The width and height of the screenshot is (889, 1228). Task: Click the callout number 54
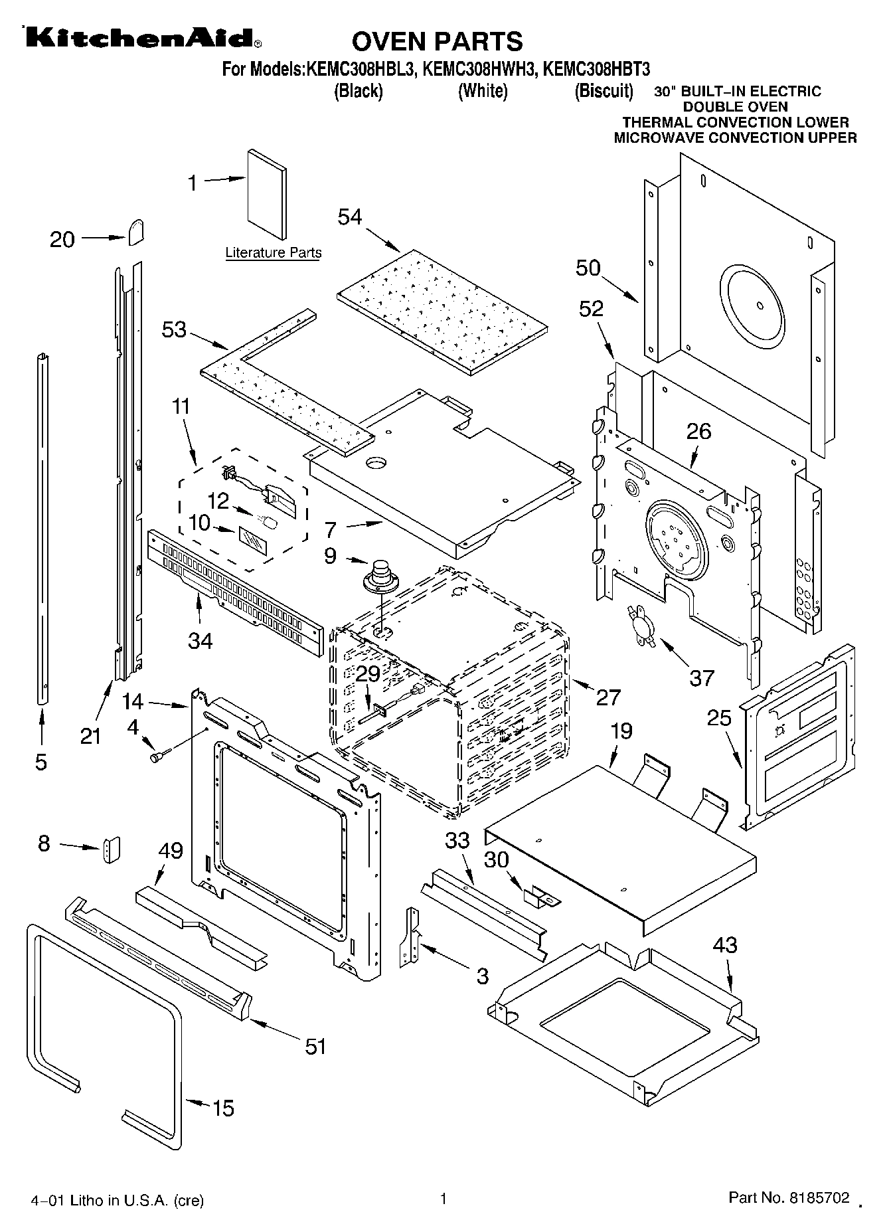pos(350,217)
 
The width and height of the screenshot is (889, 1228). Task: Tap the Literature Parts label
pos(274,252)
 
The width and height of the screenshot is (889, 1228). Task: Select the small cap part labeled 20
pos(137,232)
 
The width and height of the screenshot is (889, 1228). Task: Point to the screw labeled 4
pos(160,755)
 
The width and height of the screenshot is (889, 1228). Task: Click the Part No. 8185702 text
pos(789,1197)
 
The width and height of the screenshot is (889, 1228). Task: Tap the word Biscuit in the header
pos(603,90)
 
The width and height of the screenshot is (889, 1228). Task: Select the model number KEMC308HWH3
pos(479,68)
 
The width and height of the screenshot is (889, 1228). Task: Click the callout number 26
pos(698,431)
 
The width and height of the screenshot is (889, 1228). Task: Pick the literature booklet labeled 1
pos(268,193)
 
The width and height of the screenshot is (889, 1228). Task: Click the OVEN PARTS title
pos(437,41)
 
